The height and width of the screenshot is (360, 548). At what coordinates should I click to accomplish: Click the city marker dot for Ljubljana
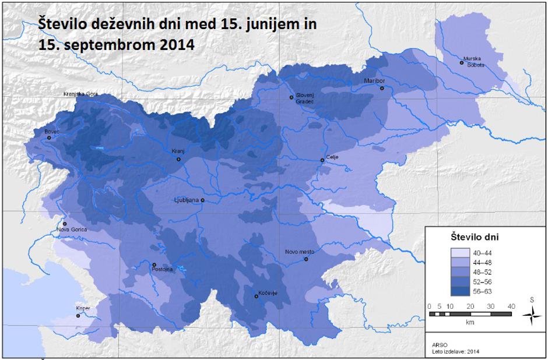point(202,200)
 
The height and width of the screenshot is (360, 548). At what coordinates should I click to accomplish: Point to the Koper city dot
point(78,316)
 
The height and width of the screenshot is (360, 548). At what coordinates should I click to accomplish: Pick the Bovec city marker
point(49,138)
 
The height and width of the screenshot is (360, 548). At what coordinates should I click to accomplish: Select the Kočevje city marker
point(256,297)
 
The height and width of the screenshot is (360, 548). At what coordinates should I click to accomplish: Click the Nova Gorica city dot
point(65,224)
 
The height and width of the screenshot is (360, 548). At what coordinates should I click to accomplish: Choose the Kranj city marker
point(179,159)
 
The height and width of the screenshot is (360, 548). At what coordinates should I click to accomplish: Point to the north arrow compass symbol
point(531,315)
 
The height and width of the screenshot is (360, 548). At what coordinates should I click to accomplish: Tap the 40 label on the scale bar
point(511,306)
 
